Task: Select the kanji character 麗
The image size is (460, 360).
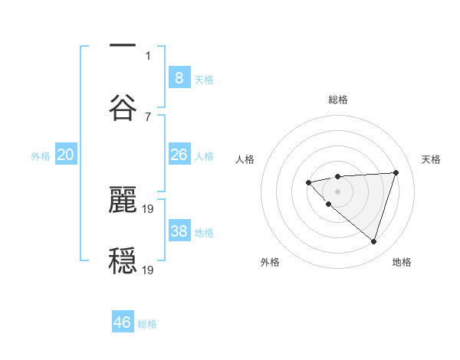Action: [123, 198]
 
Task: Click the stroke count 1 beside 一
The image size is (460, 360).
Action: [148, 55]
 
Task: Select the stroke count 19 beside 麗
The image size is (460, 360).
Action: [149, 208]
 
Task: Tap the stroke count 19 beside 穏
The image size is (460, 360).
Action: [149, 270]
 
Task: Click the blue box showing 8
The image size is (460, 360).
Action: [179, 78]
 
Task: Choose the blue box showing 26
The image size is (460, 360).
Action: [179, 155]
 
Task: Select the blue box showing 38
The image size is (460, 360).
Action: [179, 231]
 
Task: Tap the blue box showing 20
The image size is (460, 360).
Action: [66, 155]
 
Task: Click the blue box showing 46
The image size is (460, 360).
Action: [123, 322]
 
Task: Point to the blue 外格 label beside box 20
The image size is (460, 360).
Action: [41, 156]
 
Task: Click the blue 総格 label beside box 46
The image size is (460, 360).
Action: [147, 324]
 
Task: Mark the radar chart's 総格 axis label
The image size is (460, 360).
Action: [337, 100]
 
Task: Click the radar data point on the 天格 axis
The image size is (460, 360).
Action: [396, 172]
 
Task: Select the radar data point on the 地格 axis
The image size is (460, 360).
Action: [373, 241]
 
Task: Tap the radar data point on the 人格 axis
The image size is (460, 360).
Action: [308, 182]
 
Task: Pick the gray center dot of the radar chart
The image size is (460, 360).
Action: [337, 191]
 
